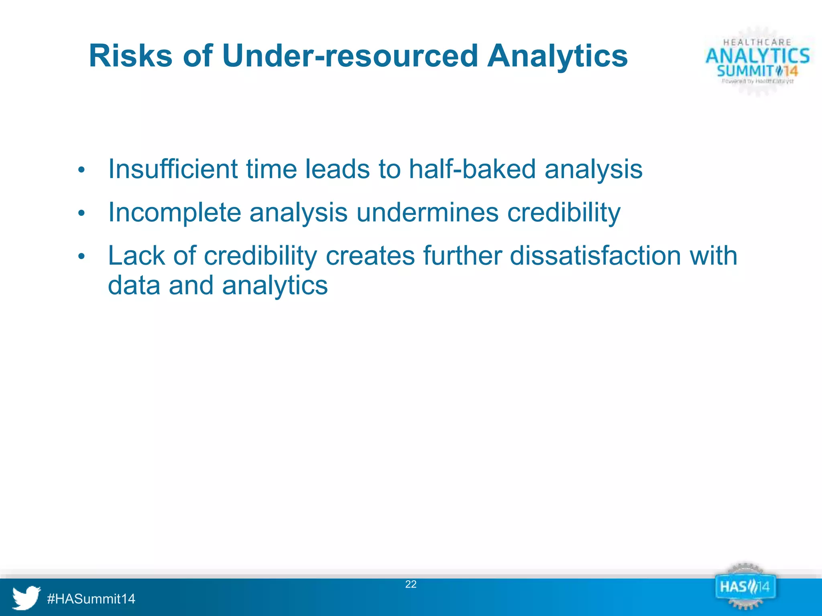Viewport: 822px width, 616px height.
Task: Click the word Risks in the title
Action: point(130,56)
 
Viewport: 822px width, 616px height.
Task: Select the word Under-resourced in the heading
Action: point(350,56)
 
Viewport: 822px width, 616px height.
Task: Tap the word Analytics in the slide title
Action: point(557,56)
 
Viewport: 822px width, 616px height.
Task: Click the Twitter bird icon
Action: point(26,598)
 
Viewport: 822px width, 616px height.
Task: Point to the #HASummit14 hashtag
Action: point(91,599)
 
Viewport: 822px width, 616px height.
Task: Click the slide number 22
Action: point(411,584)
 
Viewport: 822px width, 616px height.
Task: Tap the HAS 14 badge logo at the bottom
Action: point(745,588)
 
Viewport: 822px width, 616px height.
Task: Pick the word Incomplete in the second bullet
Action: point(174,213)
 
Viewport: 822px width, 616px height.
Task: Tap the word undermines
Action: point(427,213)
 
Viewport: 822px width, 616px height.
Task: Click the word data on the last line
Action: point(134,286)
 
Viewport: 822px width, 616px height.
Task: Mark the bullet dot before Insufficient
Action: point(81,170)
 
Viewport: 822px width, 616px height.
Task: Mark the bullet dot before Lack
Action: point(81,257)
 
